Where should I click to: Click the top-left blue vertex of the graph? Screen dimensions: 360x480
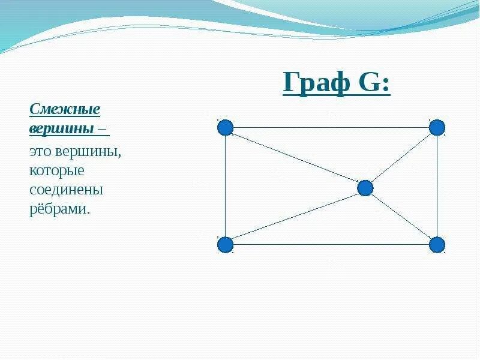click(225, 127)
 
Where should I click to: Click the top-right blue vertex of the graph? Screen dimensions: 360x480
click(437, 127)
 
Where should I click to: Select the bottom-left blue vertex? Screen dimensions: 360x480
click(225, 245)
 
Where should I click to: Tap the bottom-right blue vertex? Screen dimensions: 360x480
click(437, 245)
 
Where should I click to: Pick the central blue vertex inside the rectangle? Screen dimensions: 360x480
click(365, 188)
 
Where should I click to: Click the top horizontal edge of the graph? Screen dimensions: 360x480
click(330, 127)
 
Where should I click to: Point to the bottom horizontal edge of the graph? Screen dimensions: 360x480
click(330, 245)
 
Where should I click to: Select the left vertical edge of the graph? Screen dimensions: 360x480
click(225, 186)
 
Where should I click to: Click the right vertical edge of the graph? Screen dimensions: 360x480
click(437, 186)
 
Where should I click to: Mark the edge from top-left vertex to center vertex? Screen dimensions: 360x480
click(294, 157)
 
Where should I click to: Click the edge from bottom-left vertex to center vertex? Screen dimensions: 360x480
click(294, 217)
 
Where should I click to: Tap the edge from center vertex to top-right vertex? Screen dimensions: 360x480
click(401, 158)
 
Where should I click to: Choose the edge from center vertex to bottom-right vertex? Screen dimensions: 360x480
click(401, 217)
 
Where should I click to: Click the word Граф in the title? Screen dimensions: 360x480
click(316, 83)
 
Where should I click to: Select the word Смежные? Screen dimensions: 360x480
click(65, 110)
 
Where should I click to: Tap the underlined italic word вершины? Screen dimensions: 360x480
click(61, 128)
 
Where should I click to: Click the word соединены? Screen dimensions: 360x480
click(67, 190)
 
